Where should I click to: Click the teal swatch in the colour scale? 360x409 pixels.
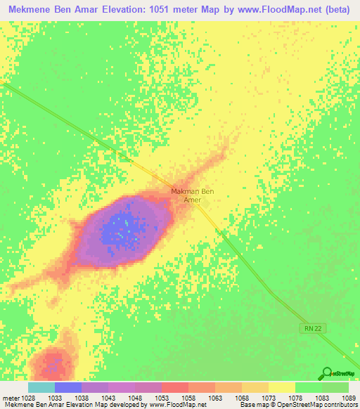(x=41, y=387)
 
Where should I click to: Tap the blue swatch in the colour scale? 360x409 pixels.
(x=68, y=387)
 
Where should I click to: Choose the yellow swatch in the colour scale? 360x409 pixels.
(x=281, y=387)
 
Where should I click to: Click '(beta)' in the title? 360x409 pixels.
(x=337, y=9)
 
